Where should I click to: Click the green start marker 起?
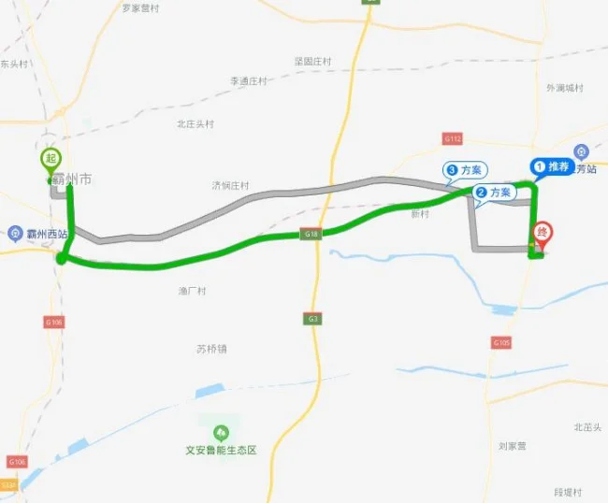click(x=51, y=160)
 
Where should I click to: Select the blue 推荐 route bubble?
click(x=553, y=166)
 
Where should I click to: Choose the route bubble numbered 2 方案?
click(x=494, y=193)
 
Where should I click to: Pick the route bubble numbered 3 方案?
click(x=464, y=170)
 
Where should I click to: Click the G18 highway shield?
click(x=311, y=233)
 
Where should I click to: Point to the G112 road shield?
click(x=453, y=138)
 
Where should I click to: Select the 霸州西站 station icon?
click(x=14, y=233)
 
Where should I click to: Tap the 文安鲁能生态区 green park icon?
click(x=221, y=432)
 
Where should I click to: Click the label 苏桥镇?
click(x=211, y=349)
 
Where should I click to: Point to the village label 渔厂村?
click(x=192, y=291)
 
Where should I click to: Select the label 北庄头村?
click(x=195, y=123)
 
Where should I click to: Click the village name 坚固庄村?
click(x=313, y=61)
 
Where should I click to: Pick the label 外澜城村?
click(x=565, y=88)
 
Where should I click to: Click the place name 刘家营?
click(x=514, y=446)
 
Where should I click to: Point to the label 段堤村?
click(x=568, y=493)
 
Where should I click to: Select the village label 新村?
click(x=419, y=213)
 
